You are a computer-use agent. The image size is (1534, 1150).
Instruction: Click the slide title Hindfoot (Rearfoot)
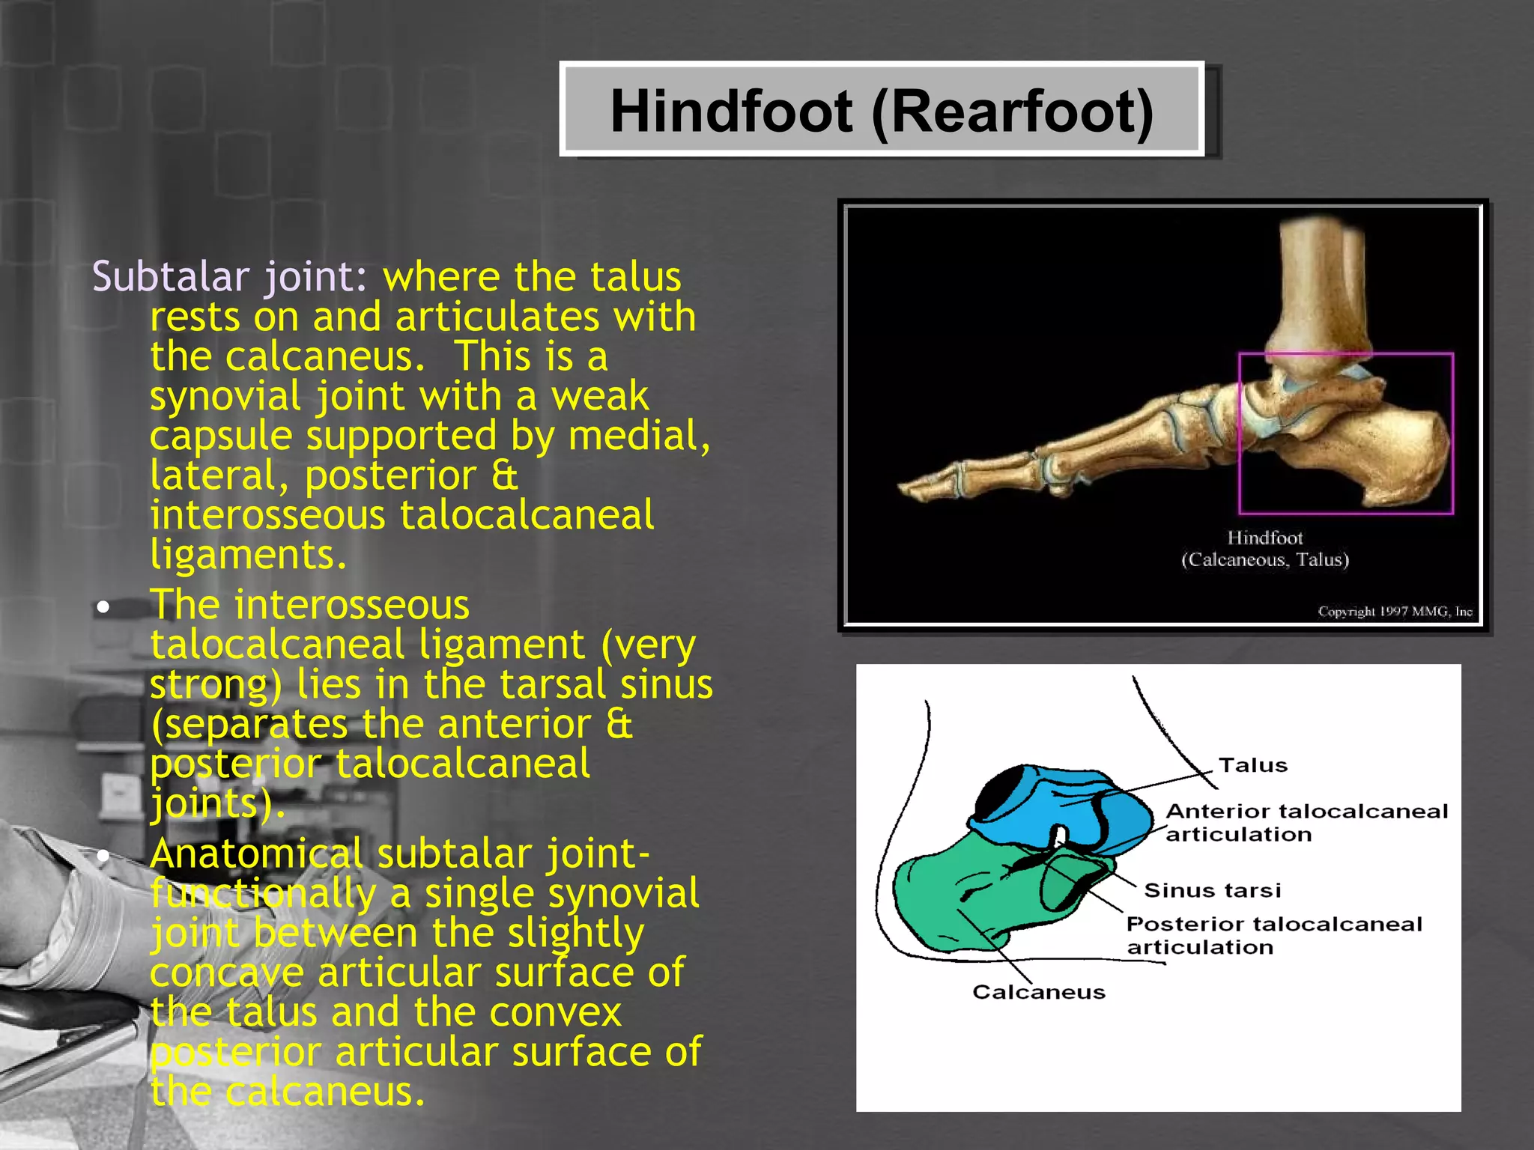[x=882, y=111]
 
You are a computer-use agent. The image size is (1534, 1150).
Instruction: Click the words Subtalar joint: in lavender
[x=229, y=276]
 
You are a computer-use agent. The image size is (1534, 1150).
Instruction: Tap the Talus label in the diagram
[x=1252, y=765]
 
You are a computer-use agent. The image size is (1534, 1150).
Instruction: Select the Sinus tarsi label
[x=1212, y=890]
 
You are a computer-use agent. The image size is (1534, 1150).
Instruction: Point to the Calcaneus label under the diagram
[x=1038, y=992]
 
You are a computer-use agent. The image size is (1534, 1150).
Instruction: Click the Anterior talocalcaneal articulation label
[x=1306, y=822]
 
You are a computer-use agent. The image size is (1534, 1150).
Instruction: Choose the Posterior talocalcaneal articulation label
[x=1273, y=935]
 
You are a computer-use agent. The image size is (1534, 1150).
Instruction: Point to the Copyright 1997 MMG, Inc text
[x=1395, y=612]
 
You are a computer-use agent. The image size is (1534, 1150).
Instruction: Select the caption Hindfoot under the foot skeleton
[x=1264, y=538]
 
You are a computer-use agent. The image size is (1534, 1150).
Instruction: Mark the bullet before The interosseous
[x=103, y=606]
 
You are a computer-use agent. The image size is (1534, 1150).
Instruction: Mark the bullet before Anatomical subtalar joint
[x=103, y=855]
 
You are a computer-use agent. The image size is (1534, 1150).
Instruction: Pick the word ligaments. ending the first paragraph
[x=248, y=555]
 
